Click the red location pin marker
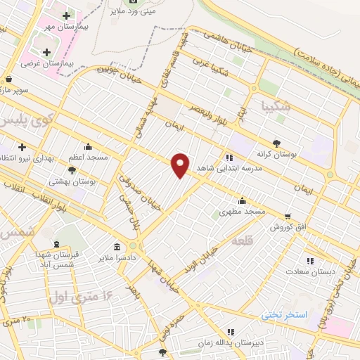tap(181, 165)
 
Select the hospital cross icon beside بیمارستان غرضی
tap(47, 52)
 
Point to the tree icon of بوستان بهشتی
tap(72, 169)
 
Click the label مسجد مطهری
tap(240, 211)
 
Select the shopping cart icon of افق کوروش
tap(287, 216)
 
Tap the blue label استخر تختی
tap(285, 314)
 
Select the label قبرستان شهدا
tap(79, 256)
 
